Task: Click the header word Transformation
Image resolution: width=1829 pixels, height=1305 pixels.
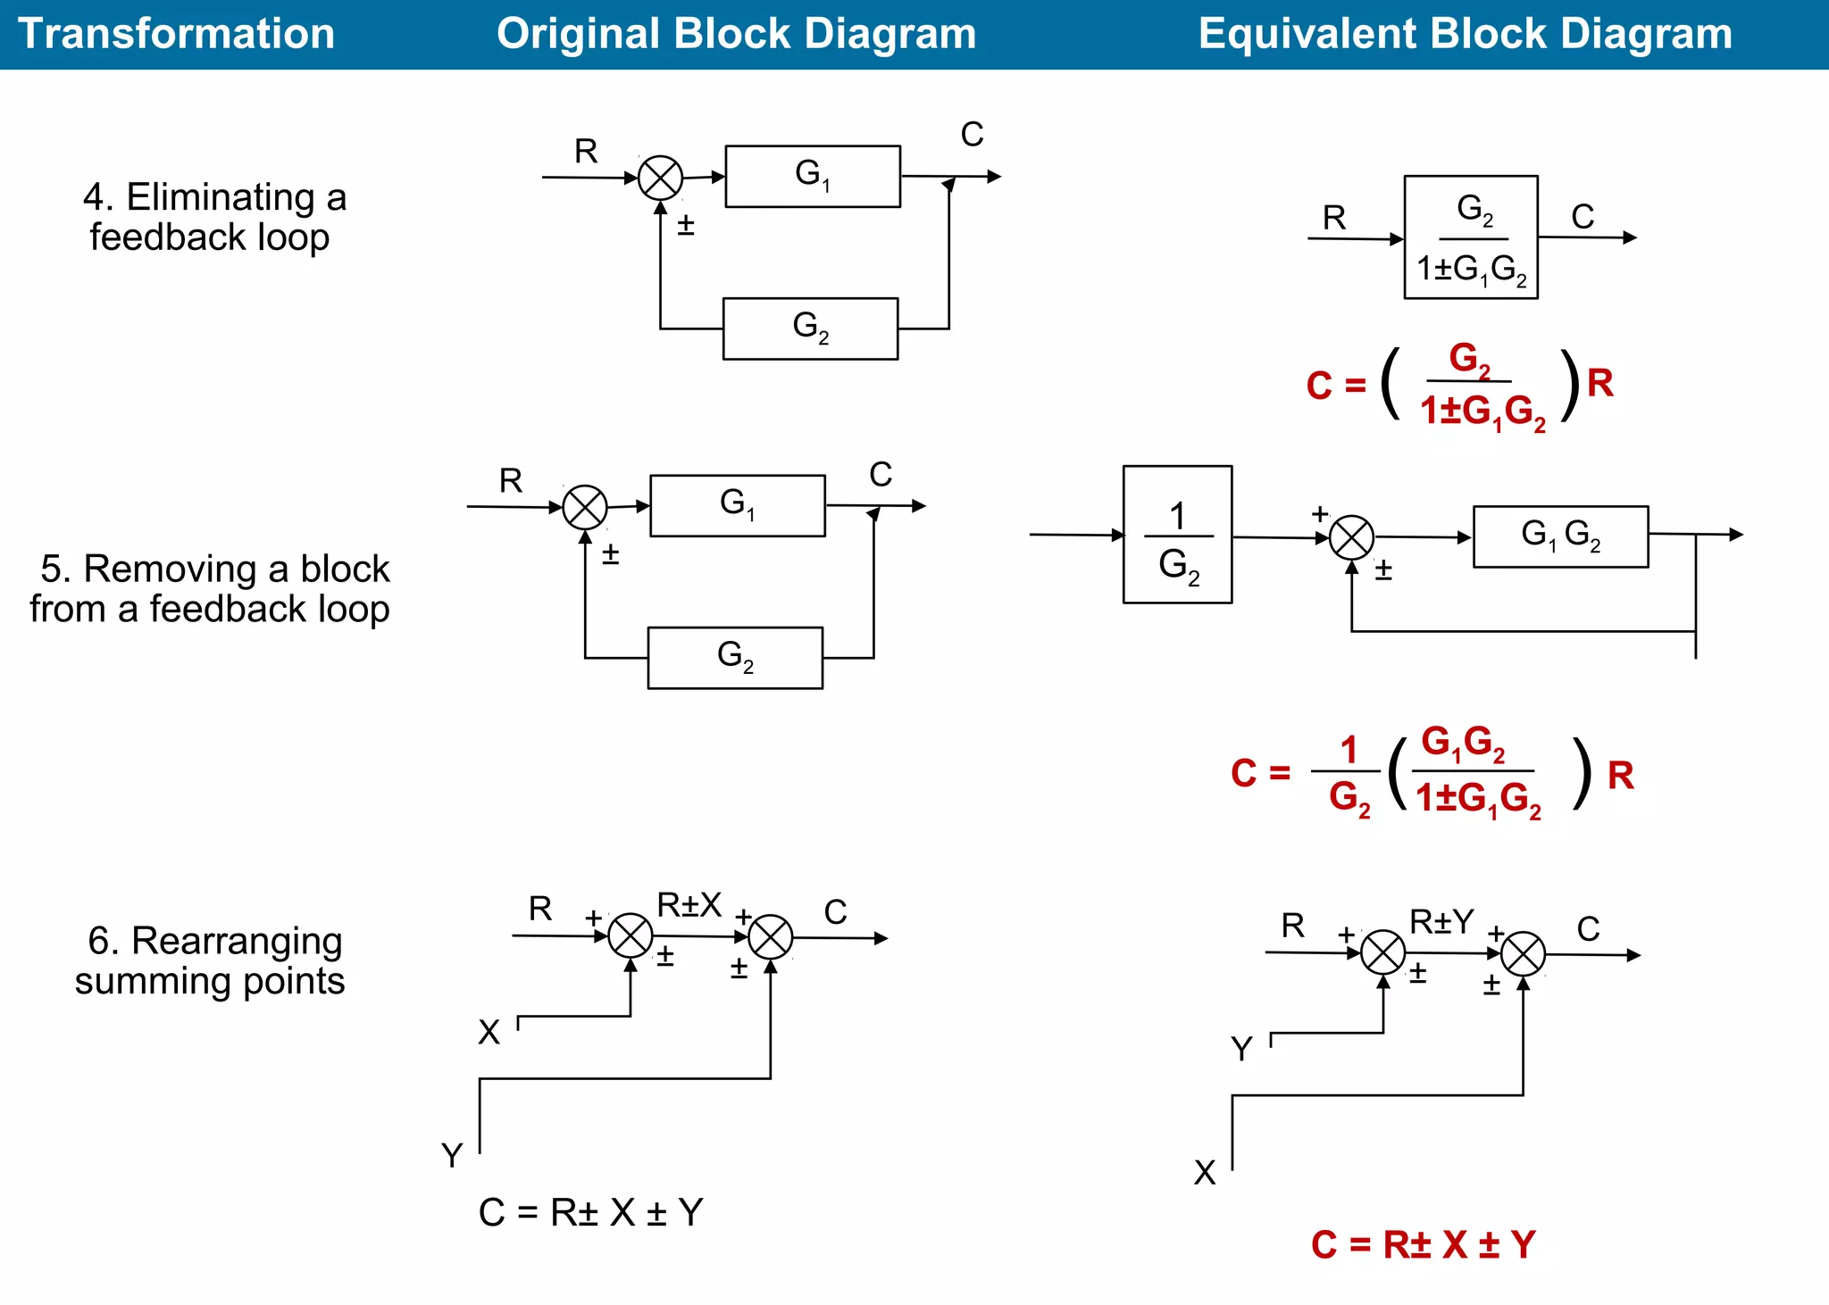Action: pyautogui.click(x=176, y=34)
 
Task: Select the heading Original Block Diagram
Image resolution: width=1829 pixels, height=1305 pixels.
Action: pyautogui.click(x=736, y=34)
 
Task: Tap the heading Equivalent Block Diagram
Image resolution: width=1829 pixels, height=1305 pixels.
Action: pyautogui.click(x=1465, y=34)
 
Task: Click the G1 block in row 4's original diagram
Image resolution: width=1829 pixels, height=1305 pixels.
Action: pyautogui.click(x=813, y=177)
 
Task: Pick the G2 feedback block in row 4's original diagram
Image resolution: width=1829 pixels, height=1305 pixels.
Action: pyautogui.click(x=810, y=328)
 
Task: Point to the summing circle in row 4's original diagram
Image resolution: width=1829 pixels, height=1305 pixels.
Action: pyautogui.click(x=660, y=178)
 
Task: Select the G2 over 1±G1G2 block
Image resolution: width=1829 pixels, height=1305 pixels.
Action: pyautogui.click(x=1471, y=237)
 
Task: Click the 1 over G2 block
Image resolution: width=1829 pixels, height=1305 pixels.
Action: pyautogui.click(x=1177, y=535)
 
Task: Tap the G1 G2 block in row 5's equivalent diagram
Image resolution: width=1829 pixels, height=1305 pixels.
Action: pyautogui.click(x=1560, y=536)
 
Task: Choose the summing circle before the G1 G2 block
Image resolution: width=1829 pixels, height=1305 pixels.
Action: pyautogui.click(x=1351, y=537)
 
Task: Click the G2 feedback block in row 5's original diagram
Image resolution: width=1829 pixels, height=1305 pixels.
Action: pyautogui.click(x=735, y=658)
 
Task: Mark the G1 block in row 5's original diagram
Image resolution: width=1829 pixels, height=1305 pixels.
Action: pyautogui.click(x=738, y=506)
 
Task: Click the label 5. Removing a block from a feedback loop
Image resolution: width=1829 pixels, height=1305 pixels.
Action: pyautogui.click(x=210, y=589)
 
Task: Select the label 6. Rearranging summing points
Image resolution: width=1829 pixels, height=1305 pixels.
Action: pyautogui.click(x=211, y=960)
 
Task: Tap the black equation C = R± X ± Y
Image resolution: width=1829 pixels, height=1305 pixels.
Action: pyautogui.click(x=590, y=1212)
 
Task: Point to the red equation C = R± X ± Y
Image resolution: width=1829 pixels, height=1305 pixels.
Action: pyautogui.click(x=1423, y=1244)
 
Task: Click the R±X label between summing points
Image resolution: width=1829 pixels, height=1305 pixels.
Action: pyautogui.click(x=689, y=905)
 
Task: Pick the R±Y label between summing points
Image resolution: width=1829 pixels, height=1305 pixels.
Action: pyautogui.click(x=1441, y=921)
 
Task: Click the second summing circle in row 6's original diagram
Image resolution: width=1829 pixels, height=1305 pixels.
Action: pyautogui.click(x=770, y=937)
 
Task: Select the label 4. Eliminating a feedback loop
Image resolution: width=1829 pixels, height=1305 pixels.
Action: pyautogui.click(x=213, y=217)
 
